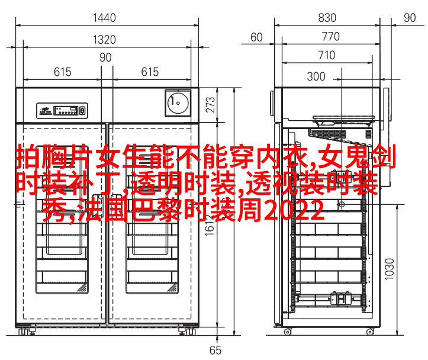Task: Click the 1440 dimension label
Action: [104, 18]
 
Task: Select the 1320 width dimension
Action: [104, 40]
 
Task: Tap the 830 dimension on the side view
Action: [327, 18]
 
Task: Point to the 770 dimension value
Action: [330, 37]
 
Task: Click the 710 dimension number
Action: [326, 55]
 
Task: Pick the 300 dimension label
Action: [316, 76]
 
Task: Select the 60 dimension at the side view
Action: [256, 37]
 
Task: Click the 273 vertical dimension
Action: [211, 105]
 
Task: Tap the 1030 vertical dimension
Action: [390, 269]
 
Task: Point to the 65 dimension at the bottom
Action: [215, 351]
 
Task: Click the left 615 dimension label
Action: [63, 72]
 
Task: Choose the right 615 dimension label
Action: [150, 72]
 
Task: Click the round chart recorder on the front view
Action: [178, 103]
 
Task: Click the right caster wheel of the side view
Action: [370, 332]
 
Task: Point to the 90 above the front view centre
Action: [105, 57]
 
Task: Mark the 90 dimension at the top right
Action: [410, 18]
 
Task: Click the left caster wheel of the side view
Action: [287, 332]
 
